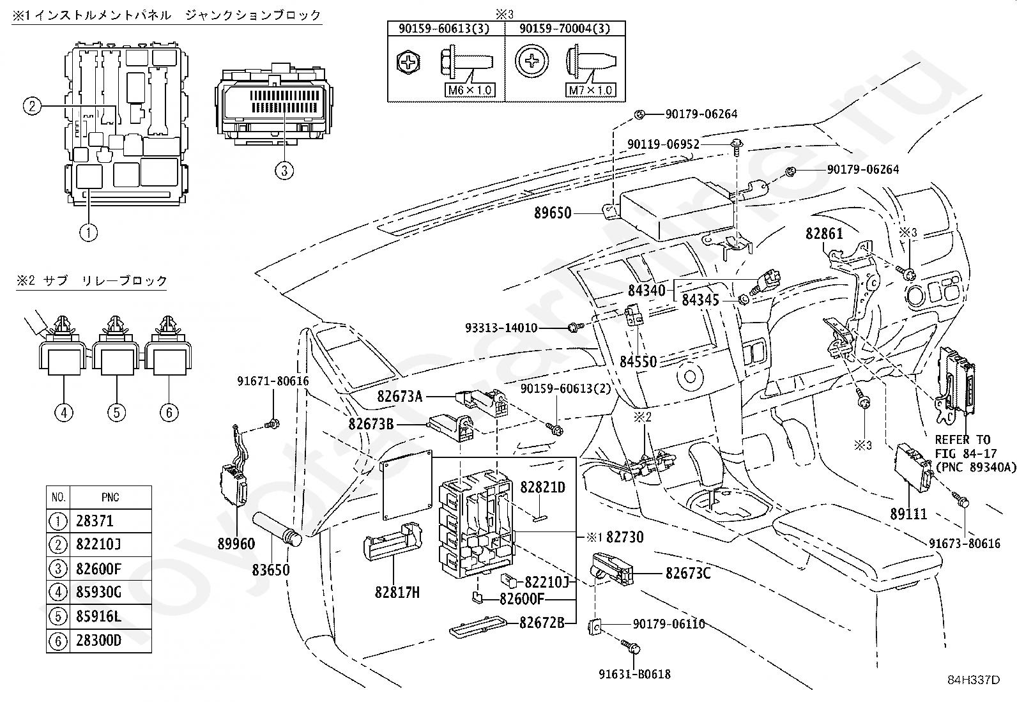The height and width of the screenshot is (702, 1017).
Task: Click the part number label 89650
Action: coord(553,213)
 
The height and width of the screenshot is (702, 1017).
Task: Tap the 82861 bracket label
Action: coord(824,234)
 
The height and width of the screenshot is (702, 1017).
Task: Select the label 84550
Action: coord(638,362)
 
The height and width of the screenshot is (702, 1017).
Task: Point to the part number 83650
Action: coord(271,570)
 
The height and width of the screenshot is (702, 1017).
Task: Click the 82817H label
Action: coord(397,593)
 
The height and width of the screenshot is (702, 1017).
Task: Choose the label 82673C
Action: coord(688,574)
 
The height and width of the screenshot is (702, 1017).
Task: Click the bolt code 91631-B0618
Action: coord(635,675)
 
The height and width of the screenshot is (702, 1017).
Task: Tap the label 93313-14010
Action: coord(501,328)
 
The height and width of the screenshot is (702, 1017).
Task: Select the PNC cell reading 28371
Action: coord(95,521)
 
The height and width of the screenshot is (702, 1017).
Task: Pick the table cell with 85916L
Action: coord(98,616)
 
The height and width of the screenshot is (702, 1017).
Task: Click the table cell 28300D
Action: coord(98,640)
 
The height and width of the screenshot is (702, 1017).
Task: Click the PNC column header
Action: coord(111,497)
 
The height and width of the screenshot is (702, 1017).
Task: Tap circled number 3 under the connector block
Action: coord(284,171)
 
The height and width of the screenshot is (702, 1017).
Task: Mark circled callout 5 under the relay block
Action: coord(117,412)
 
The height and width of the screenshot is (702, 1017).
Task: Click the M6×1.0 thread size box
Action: coord(470,90)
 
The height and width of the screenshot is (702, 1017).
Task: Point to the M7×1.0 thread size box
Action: coord(591,90)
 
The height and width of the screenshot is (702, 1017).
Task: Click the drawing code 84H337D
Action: coord(974,680)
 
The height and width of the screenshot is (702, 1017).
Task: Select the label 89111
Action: coord(908,514)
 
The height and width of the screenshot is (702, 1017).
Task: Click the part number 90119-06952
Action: coord(663,144)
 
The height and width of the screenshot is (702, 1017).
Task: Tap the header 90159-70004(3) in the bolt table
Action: coord(565,29)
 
